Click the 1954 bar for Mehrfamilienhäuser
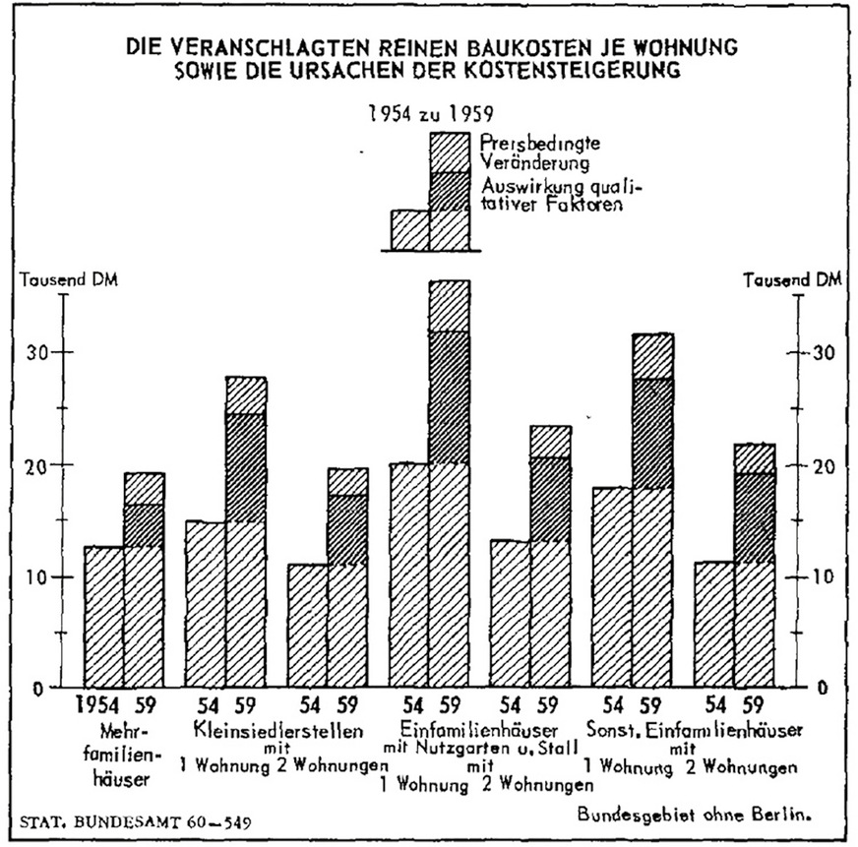click(104, 616)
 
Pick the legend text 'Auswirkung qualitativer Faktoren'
click(550, 197)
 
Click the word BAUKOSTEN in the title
click(527, 45)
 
